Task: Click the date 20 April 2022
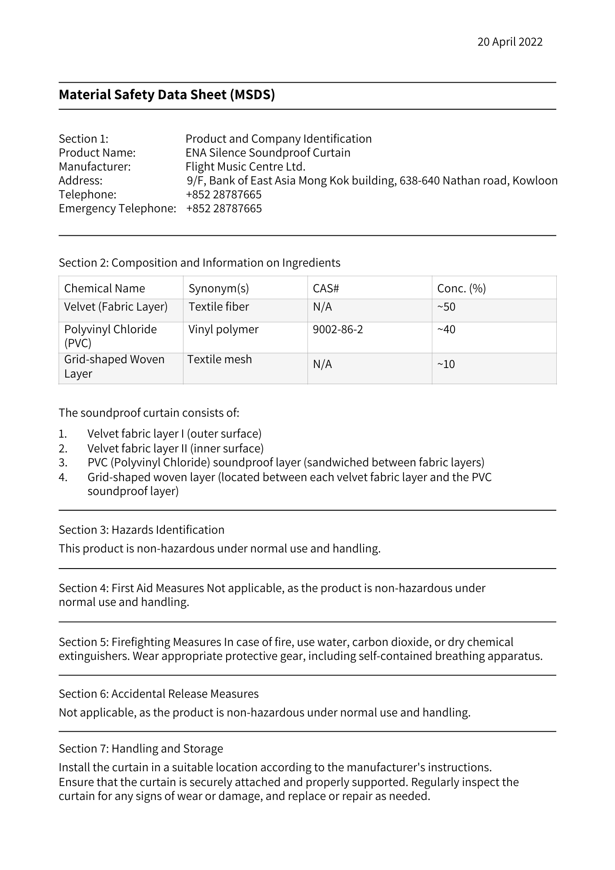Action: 510,42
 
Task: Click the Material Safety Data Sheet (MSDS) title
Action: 167,95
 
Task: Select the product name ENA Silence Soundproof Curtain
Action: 267,153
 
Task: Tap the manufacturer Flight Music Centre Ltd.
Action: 245,167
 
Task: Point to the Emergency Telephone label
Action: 117,208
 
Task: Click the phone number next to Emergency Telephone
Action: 224,208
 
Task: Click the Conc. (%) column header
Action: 461,288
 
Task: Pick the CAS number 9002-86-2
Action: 338,329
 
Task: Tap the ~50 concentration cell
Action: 446,307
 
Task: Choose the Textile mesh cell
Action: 220,359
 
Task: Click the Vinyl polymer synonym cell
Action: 223,329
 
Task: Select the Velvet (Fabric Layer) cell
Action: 116,307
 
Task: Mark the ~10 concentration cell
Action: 446,364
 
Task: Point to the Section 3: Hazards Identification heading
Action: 141,530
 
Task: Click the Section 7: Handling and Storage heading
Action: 140,748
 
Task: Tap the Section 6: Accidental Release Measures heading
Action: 158,693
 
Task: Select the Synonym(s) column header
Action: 218,288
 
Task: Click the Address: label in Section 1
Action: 80,181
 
